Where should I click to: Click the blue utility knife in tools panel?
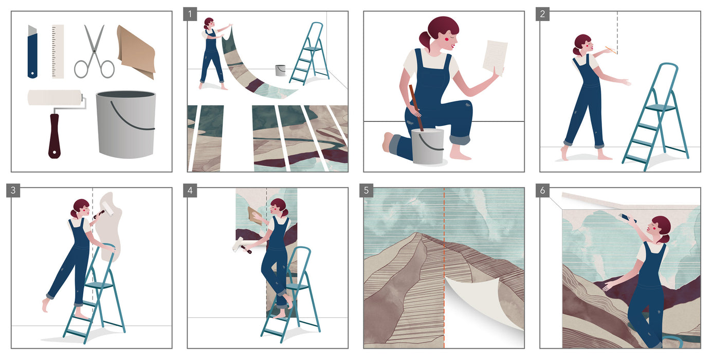(x=32, y=51)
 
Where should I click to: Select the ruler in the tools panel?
(x=58, y=51)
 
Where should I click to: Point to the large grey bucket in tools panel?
(x=125, y=123)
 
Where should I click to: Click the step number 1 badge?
(x=190, y=13)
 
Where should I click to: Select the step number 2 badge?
(x=542, y=13)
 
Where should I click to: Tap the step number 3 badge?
(x=13, y=190)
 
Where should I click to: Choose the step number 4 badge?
(x=190, y=190)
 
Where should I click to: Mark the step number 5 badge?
(x=366, y=190)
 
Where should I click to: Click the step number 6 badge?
(x=542, y=190)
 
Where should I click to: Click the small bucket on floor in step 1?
(x=280, y=70)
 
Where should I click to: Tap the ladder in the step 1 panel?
(x=307, y=54)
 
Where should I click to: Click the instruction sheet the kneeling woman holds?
(x=495, y=57)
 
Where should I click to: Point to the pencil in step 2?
(x=610, y=50)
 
